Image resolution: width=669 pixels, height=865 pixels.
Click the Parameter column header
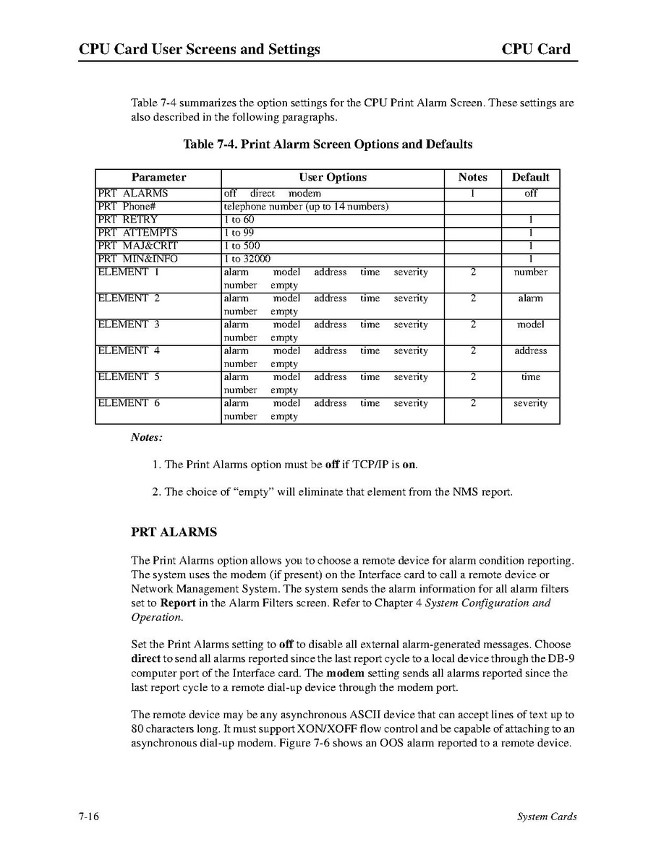(158, 177)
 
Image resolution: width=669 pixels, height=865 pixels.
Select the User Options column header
(333, 177)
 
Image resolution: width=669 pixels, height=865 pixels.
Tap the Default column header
(530, 177)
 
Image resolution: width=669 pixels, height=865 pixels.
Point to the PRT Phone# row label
(127, 207)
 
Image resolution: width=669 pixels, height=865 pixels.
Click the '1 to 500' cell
(242, 246)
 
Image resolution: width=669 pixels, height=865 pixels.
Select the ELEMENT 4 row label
(129, 351)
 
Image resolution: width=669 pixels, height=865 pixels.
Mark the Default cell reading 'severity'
(530, 403)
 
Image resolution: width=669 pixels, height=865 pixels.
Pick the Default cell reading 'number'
(530, 272)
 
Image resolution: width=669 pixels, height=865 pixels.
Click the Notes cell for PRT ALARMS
(472, 194)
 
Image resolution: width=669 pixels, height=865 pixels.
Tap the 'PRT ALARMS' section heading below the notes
(174, 533)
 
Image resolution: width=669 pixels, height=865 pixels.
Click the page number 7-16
(89, 817)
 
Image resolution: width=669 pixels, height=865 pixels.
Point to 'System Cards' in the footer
(546, 817)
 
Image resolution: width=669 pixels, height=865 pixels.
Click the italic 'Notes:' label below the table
(147, 437)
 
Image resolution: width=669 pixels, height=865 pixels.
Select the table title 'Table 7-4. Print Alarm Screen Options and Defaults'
(328, 145)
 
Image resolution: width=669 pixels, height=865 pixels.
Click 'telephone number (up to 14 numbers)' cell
(306, 207)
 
